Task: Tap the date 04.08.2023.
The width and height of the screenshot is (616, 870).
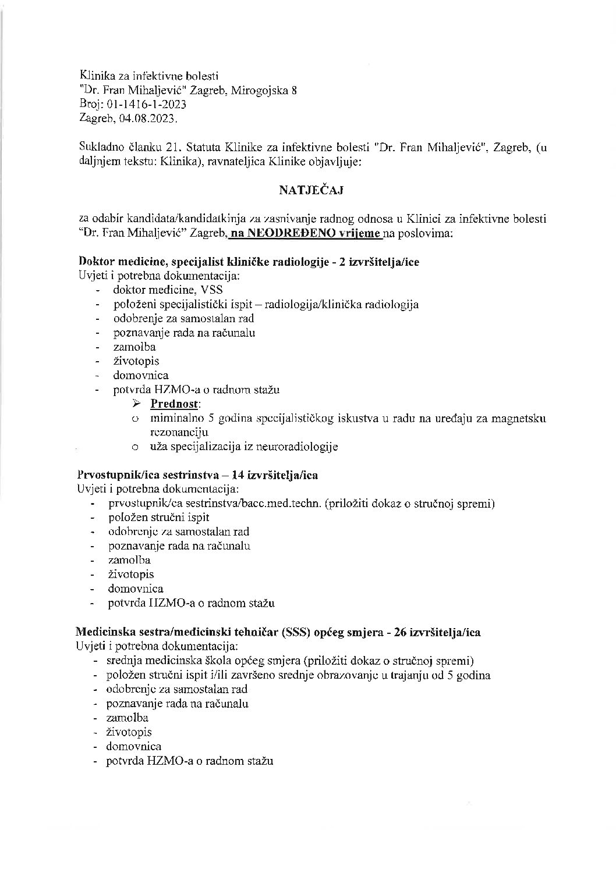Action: coord(146,119)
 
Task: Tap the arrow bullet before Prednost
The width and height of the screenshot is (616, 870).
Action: coord(137,404)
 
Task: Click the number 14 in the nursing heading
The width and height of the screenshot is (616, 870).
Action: coord(238,475)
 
